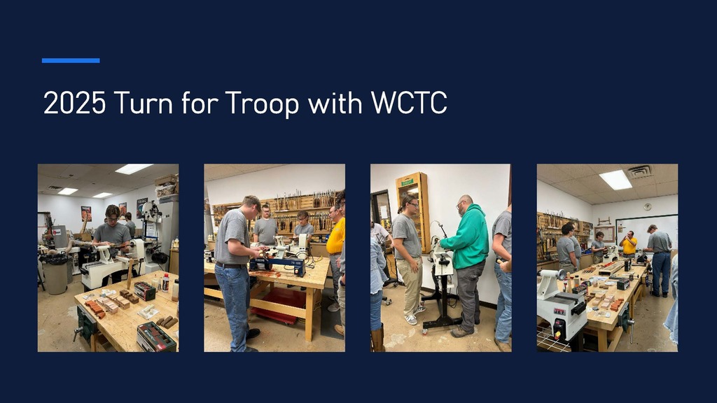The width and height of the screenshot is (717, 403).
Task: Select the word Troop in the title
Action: pyautogui.click(x=260, y=104)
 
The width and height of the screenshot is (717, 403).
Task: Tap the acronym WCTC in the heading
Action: pyautogui.click(x=409, y=104)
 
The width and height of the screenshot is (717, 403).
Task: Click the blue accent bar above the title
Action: pyautogui.click(x=71, y=61)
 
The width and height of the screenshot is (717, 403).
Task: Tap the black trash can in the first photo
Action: pyautogui.click(x=55, y=274)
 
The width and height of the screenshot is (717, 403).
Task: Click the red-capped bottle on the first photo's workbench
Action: pyautogui.click(x=165, y=283)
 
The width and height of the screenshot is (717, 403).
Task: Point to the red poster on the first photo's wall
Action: pyautogui.click(x=86, y=213)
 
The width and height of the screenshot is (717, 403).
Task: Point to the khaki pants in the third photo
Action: pyautogui.click(x=410, y=283)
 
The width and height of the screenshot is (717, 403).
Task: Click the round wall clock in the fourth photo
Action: pyautogui.click(x=648, y=207)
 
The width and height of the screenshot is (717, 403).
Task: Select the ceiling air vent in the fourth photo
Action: pyautogui.click(x=639, y=171)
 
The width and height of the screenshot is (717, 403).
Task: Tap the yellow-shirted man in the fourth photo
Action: pyautogui.click(x=629, y=245)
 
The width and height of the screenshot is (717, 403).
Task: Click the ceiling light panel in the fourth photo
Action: pyautogui.click(x=615, y=180)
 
